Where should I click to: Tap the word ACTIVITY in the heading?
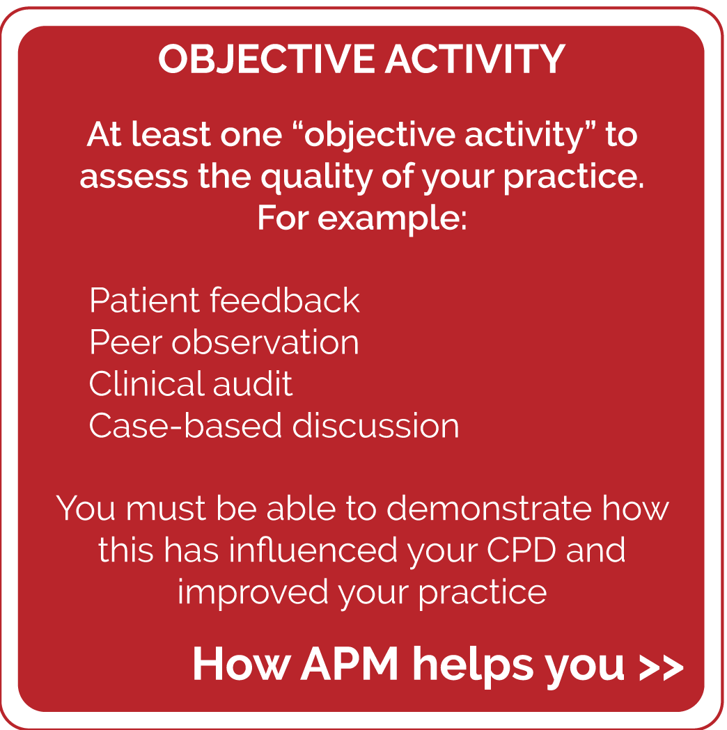[x=475, y=59]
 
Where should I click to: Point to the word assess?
[x=134, y=177]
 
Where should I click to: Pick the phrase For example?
[x=362, y=218]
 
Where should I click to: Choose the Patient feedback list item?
[x=224, y=301]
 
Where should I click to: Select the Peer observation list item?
[x=224, y=342]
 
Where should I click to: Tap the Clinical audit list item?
[x=191, y=383]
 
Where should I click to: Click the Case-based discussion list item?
[x=274, y=425]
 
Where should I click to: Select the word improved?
[x=253, y=593]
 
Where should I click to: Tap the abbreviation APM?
[x=350, y=665]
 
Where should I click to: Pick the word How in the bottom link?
[x=242, y=665]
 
